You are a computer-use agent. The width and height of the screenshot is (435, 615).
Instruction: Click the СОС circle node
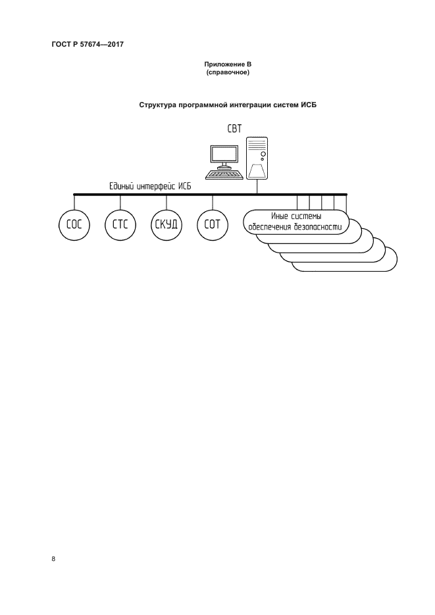click(x=73, y=224)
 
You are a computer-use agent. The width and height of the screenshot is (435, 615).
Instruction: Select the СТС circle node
click(x=119, y=224)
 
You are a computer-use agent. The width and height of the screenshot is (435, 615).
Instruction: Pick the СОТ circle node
click(x=212, y=224)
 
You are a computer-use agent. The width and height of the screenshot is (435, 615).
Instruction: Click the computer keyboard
click(x=224, y=174)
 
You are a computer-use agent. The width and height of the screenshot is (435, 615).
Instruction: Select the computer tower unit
click(x=257, y=158)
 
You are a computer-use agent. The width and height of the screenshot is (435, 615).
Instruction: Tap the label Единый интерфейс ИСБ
click(x=150, y=187)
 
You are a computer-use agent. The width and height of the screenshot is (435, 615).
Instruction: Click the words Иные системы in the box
click(x=295, y=216)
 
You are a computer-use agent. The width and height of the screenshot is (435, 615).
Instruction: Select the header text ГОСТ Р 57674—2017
click(x=87, y=44)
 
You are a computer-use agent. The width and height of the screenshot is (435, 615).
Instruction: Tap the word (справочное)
click(x=226, y=72)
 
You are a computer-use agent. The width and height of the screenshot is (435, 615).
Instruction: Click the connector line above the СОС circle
click(x=73, y=201)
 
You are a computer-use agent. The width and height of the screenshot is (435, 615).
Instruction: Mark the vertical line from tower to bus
click(x=257, y=187)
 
